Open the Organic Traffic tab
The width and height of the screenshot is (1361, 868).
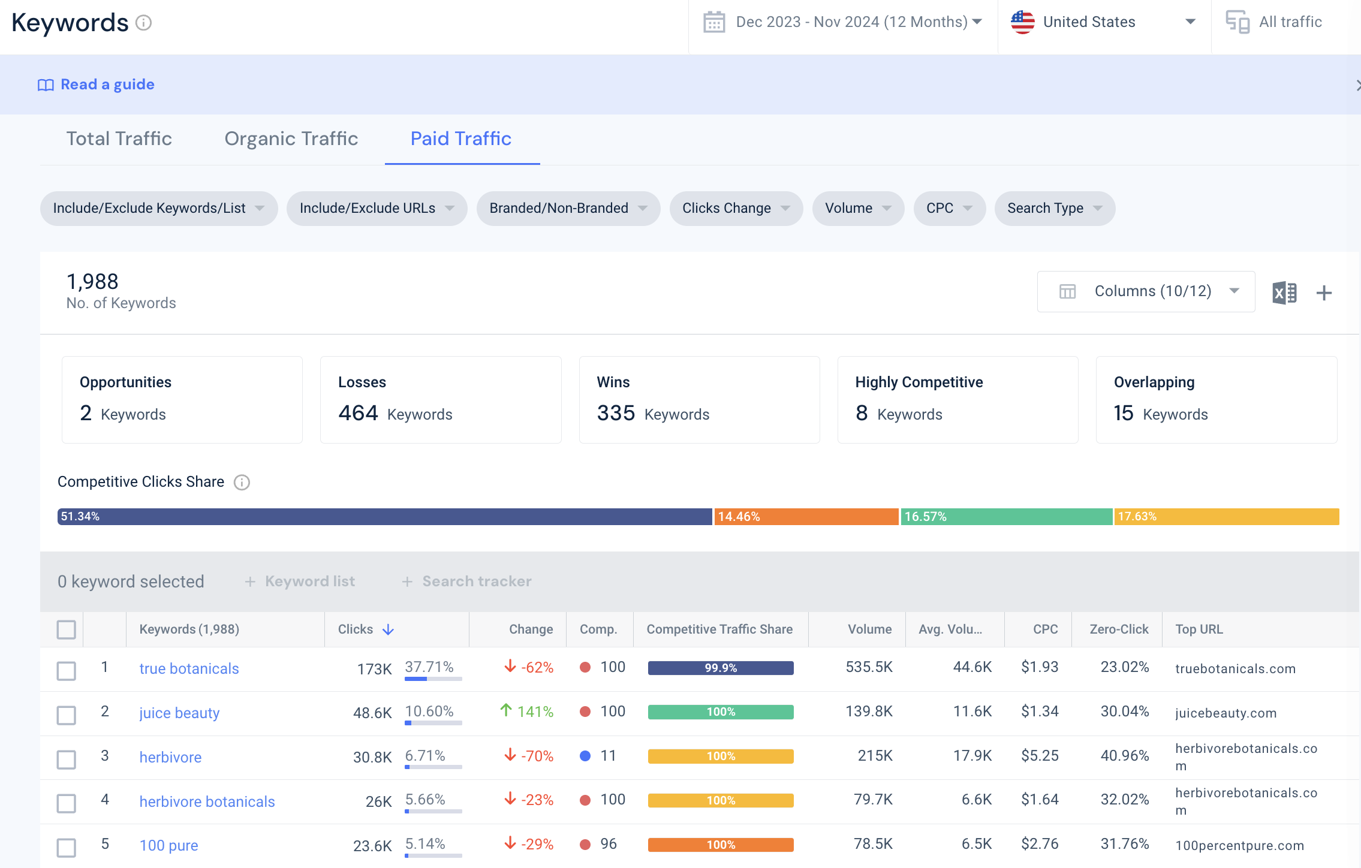[x=291, y=138]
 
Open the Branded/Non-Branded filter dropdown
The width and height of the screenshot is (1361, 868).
[x=568, y=208]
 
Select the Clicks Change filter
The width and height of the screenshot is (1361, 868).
[x=736, y=208]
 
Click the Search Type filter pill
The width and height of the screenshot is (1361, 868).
[x=1055, y=208]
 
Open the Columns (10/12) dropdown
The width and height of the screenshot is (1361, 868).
[x=1146, y=291]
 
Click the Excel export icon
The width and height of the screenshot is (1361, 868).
[x=1284, y=293]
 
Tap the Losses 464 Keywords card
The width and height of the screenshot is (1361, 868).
[x=441, y=400]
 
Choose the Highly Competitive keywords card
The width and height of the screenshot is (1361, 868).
[x=957, y=400]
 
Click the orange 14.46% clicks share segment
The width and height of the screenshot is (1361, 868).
[x=806, y=517]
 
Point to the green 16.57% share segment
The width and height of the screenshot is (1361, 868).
[x=1007, y=517]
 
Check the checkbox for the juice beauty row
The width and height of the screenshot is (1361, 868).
[x=67, y=715]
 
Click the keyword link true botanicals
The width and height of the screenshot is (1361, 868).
[x=189, y=668]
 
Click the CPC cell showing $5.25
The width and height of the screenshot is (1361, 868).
[x=1040, y=755]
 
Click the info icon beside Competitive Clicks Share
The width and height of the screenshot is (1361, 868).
[x=242, y=483]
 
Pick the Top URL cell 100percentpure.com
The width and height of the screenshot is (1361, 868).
[x=1239, y=845]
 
